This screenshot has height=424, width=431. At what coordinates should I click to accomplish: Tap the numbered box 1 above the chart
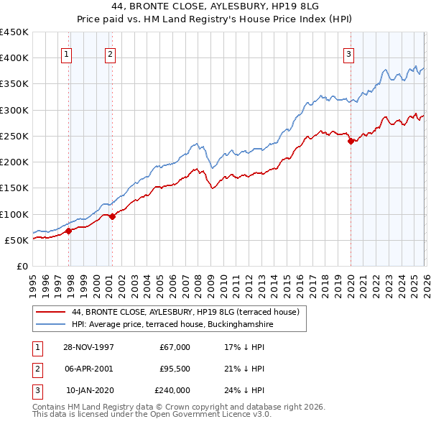[x=66, y=53]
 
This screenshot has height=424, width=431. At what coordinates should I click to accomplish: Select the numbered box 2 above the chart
[x=110, y=53]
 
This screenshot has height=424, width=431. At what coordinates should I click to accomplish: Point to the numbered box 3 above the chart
[x=348, y=53]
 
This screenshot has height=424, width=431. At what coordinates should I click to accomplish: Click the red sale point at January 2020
[x=351, y=142]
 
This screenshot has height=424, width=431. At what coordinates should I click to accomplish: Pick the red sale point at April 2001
[x=112, y=216]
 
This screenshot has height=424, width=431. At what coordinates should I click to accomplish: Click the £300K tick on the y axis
[x=14, y=110]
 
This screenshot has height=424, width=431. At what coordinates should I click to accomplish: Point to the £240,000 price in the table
[x=172, y=390]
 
